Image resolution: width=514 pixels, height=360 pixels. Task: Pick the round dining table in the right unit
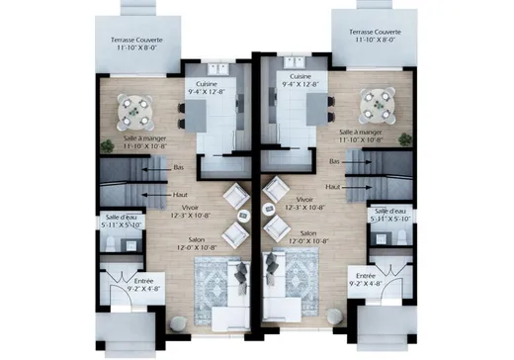tap(376, 101)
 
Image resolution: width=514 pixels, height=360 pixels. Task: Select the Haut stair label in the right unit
tap(333, 186)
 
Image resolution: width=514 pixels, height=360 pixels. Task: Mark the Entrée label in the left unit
tap(149, 282)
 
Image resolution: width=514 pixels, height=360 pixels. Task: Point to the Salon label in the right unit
tap(302, 233)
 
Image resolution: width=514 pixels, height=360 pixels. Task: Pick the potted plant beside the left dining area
tap(107, 144)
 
